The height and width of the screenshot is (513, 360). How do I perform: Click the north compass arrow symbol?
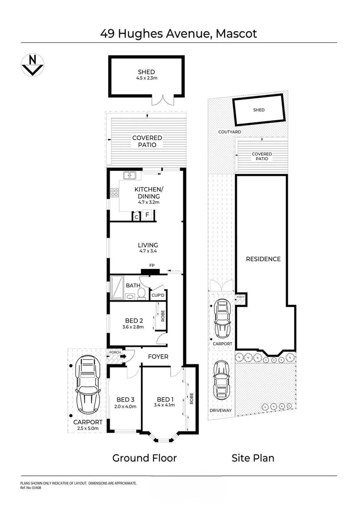[x=33, y=65]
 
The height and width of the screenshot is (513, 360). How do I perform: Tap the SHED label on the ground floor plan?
[x=146, y=72]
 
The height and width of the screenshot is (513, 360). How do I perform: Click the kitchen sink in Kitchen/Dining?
[x=129, y=176]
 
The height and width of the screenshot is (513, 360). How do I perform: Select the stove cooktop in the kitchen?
[x=114, y=192]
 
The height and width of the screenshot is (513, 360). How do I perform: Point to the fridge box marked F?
[x=147, y=216]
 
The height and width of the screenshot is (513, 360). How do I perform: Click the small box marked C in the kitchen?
[x=136, y=217]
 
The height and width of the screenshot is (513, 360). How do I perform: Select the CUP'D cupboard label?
[x=158, y=295]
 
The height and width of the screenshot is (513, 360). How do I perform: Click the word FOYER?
[x=158, y=356]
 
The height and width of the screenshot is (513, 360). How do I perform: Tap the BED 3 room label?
[x=125, y=399]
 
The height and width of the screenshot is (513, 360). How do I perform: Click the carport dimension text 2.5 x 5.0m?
[x=88, y=428]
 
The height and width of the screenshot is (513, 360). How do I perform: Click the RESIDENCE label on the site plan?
[x=263, y=259]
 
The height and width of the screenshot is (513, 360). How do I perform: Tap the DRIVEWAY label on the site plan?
[x=220, y=410]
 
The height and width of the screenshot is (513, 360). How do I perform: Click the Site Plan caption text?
[x=253, y=458]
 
